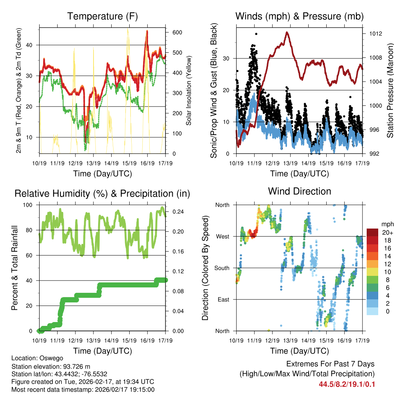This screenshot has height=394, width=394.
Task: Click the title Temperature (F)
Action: point(102,16)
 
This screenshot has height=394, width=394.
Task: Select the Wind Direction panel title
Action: point(299,191)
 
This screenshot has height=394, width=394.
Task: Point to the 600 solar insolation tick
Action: point(177,32)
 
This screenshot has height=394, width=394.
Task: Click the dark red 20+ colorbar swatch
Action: point(372,232)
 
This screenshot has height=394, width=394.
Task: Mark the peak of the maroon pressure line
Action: point(287,32)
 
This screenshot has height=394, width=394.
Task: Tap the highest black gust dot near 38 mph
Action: point(256,34)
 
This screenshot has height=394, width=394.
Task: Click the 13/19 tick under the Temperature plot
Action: point(93,163)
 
